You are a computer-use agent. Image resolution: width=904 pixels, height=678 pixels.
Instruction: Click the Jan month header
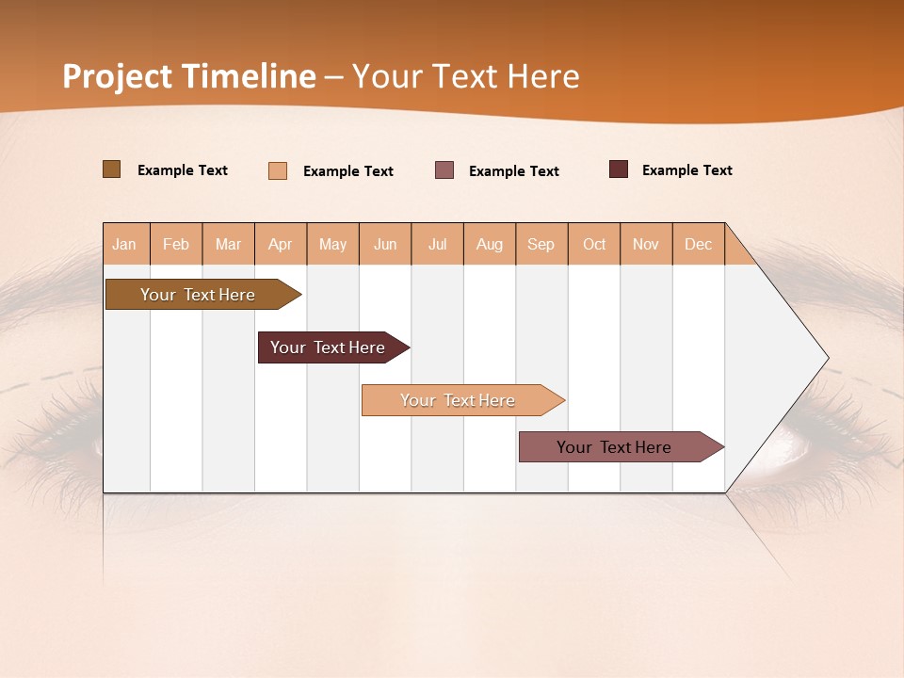pyautogui.click(x=124, y=244)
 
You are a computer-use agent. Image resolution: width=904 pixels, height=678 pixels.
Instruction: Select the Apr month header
pyautogui.click(x=281, y=244)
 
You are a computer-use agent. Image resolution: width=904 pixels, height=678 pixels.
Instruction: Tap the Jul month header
pyautogui.click(x=437, y=244)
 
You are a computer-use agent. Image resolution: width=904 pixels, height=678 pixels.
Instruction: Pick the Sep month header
pyautogui.click(x=541, y=244)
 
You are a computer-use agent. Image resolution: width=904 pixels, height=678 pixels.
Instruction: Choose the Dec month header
pyautogui.click(x=698, y=244)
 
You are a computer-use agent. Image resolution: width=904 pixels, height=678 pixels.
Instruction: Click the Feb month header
pyautogui.click(x=176, y=244)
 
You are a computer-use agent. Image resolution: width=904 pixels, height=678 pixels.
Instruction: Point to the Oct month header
pyautogui.click(x=594, y=244)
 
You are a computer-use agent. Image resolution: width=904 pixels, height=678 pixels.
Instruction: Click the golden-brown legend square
pyautogui.click(x=112, y=169)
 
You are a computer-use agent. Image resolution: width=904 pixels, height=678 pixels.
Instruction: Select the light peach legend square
pyautogui.click(x=278, y=170)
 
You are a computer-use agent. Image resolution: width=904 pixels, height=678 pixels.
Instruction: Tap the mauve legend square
pyautogui.click(x=444, y=170)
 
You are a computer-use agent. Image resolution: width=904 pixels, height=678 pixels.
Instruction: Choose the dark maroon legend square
pyautogui.click(x=619, y=169)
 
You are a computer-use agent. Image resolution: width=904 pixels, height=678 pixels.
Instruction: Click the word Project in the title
pyautogui.click(x=118, y=76)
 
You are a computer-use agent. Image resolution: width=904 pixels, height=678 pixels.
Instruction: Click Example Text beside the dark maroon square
pyautogui.click(x=686, y=170)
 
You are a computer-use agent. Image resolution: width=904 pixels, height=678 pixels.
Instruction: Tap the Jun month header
pyautogui.click(x=385, y=244)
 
